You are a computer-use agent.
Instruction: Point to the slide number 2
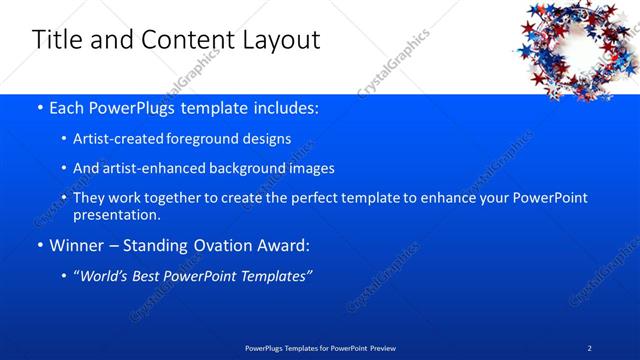click(x=590, y=347)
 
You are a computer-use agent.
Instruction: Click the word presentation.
click(x=116, y=214)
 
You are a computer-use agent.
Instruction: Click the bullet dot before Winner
click(x=38, y=244)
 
